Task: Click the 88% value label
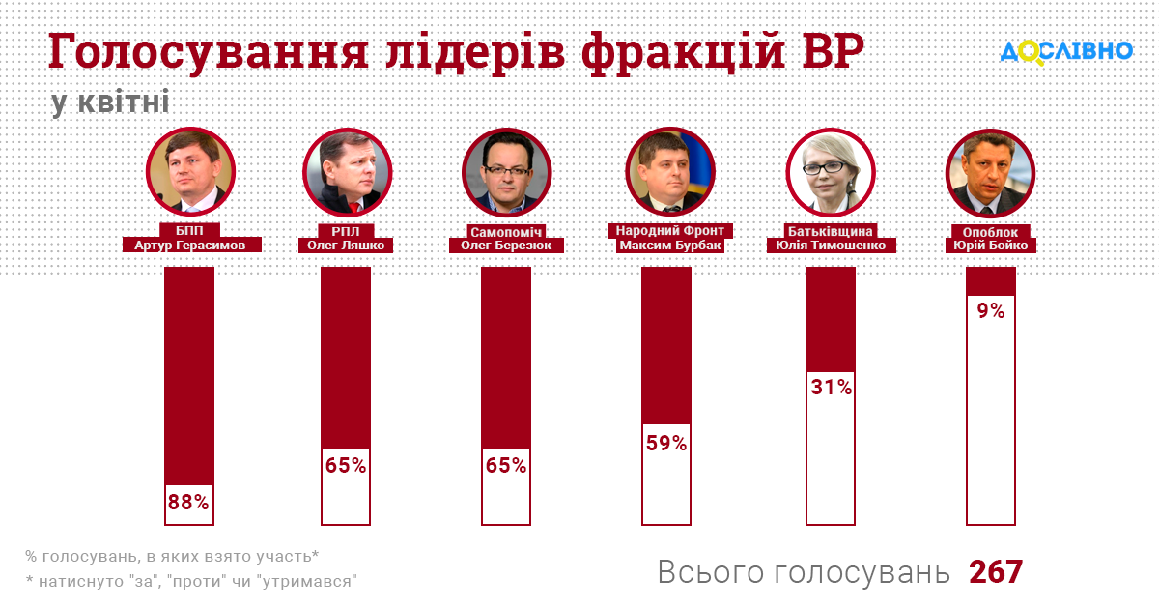188,503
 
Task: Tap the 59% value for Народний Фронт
666,444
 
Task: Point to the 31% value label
831,388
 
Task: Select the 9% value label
991,311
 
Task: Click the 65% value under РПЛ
346,466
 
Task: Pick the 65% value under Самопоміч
506,466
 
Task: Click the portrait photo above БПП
190,172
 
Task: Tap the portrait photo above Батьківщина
832,172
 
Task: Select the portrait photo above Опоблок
991,172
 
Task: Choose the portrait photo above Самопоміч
506,172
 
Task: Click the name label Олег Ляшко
346,246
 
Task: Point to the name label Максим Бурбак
670,246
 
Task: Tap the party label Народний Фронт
670,231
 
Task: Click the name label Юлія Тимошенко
832,246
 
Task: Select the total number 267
996,572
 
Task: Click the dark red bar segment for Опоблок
991,281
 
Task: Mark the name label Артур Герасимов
190,246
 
